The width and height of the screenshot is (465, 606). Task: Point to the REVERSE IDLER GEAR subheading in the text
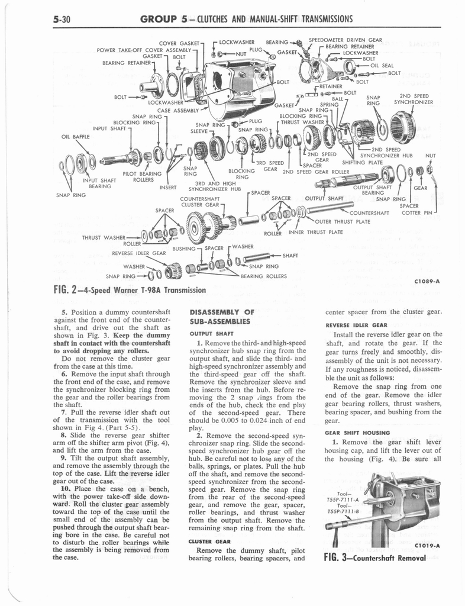[356, 325]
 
